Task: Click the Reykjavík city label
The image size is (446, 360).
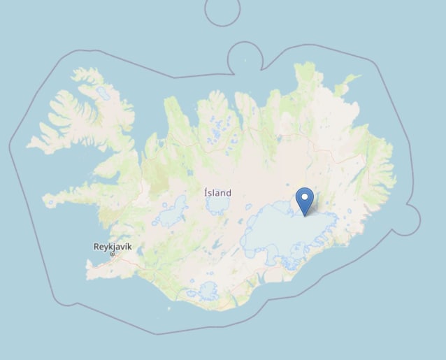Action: coord(112,246)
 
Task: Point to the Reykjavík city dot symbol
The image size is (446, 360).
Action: coord(112,254)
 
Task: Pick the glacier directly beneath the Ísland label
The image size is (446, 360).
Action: coord(217,204)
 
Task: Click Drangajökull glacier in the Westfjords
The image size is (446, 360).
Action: coord(103,92)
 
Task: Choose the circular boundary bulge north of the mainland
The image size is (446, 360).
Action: coord(244,55)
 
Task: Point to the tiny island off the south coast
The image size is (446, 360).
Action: coord(168,308)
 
